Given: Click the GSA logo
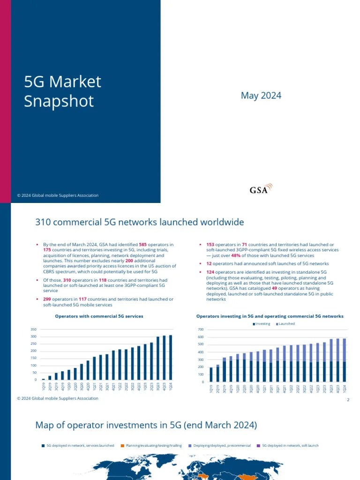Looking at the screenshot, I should [x=260, y=189].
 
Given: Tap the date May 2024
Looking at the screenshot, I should [x=261, y=96].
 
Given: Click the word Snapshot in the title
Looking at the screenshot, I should [x=59, y=101].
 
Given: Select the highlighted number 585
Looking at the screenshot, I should [x=143, y=244].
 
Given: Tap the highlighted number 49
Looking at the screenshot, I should [x=275, y=288].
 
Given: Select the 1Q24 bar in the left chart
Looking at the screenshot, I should [x=170, y=357].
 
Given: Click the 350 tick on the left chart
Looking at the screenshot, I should [x=33, y=330].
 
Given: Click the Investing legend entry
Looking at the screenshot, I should [x=262, y=324].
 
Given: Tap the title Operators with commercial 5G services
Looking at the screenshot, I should [x=99, y=316].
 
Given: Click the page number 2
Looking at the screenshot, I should [x=348, y=400].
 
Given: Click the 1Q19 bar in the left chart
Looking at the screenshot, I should [x=44, y=379].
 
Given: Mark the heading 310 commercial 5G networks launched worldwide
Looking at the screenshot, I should [x=140, y=222].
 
